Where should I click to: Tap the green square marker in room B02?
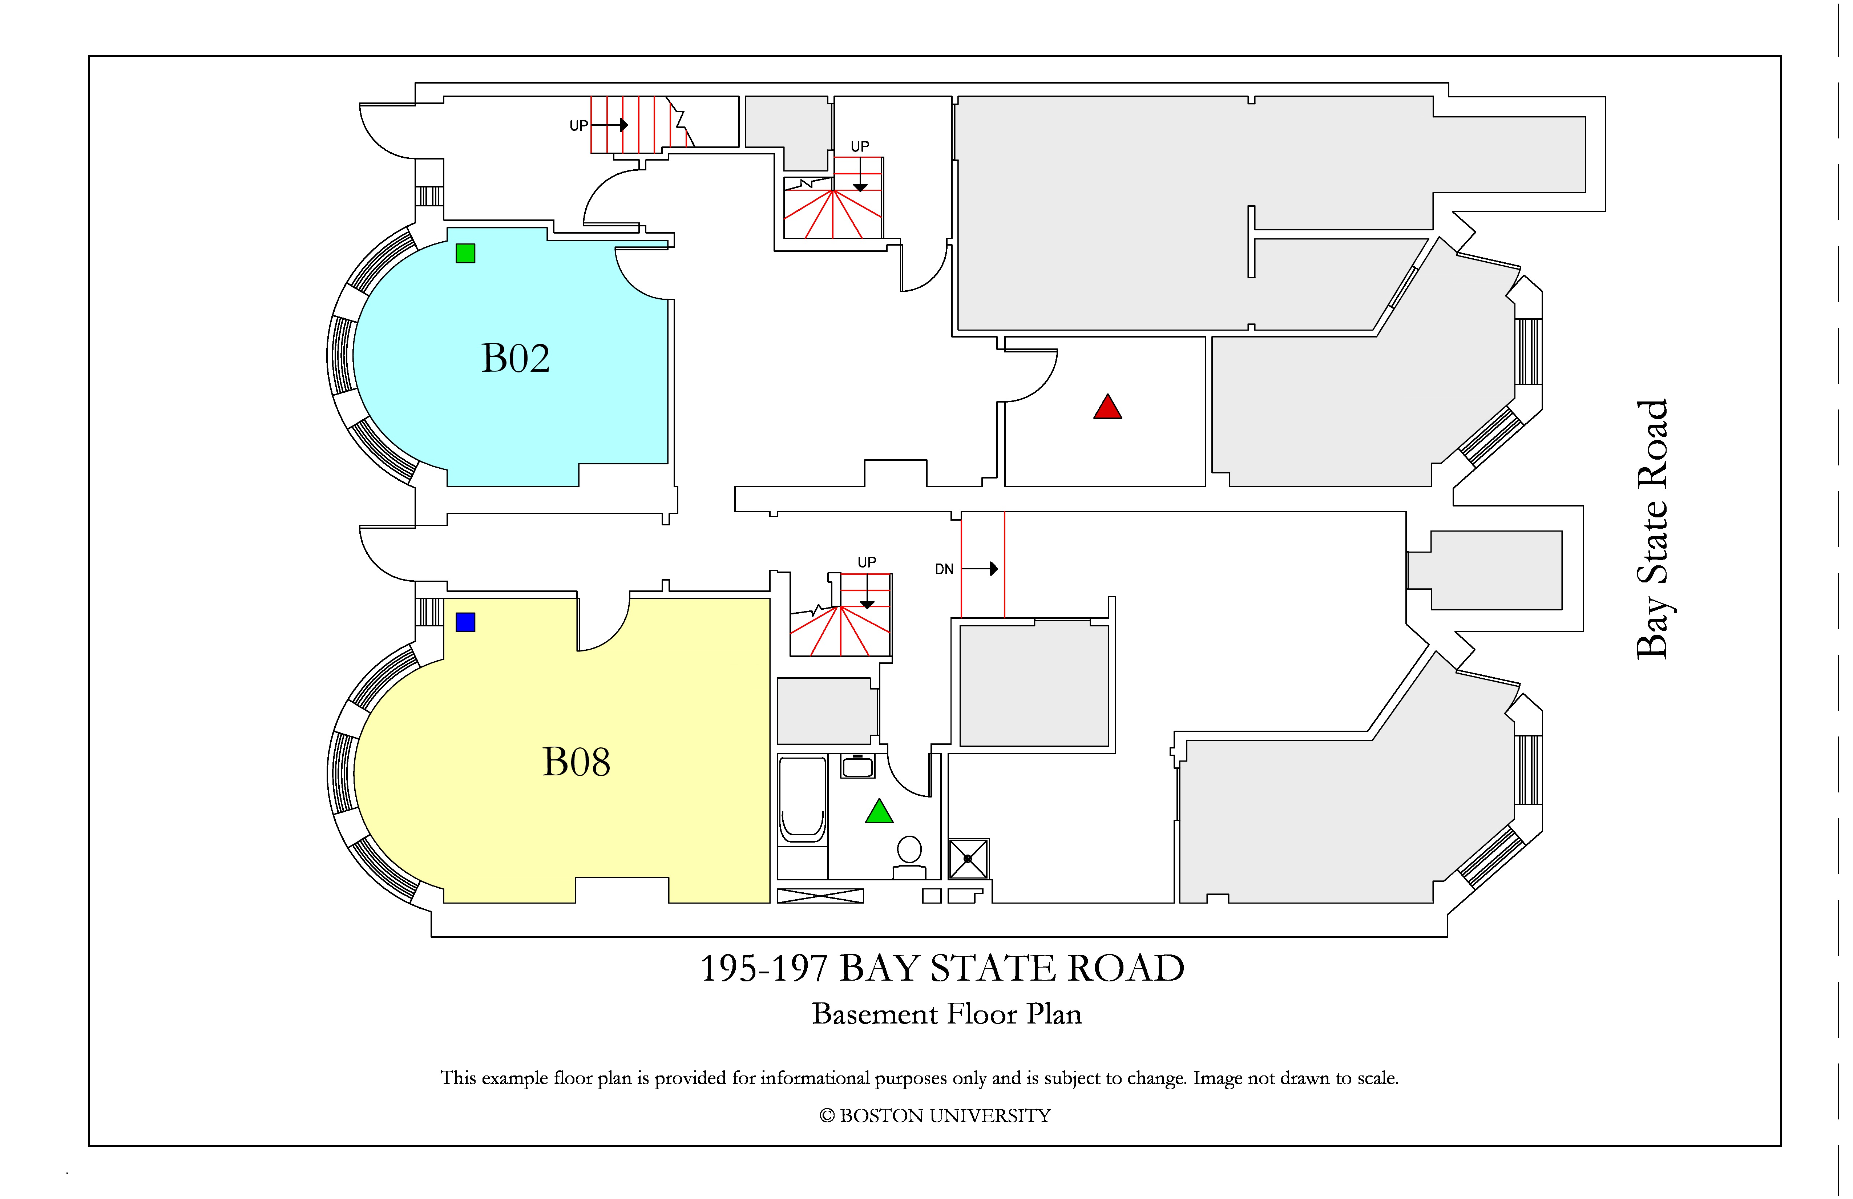465,253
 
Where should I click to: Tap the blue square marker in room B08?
465,622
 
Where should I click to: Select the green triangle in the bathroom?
879,811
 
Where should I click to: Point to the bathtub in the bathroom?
803,800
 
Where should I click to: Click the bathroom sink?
857,766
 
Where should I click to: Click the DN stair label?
944,569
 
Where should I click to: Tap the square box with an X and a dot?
969,859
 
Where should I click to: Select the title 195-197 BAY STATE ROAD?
942,969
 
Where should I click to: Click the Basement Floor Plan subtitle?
947,1014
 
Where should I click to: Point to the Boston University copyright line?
935,1116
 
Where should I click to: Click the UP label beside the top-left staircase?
578,125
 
